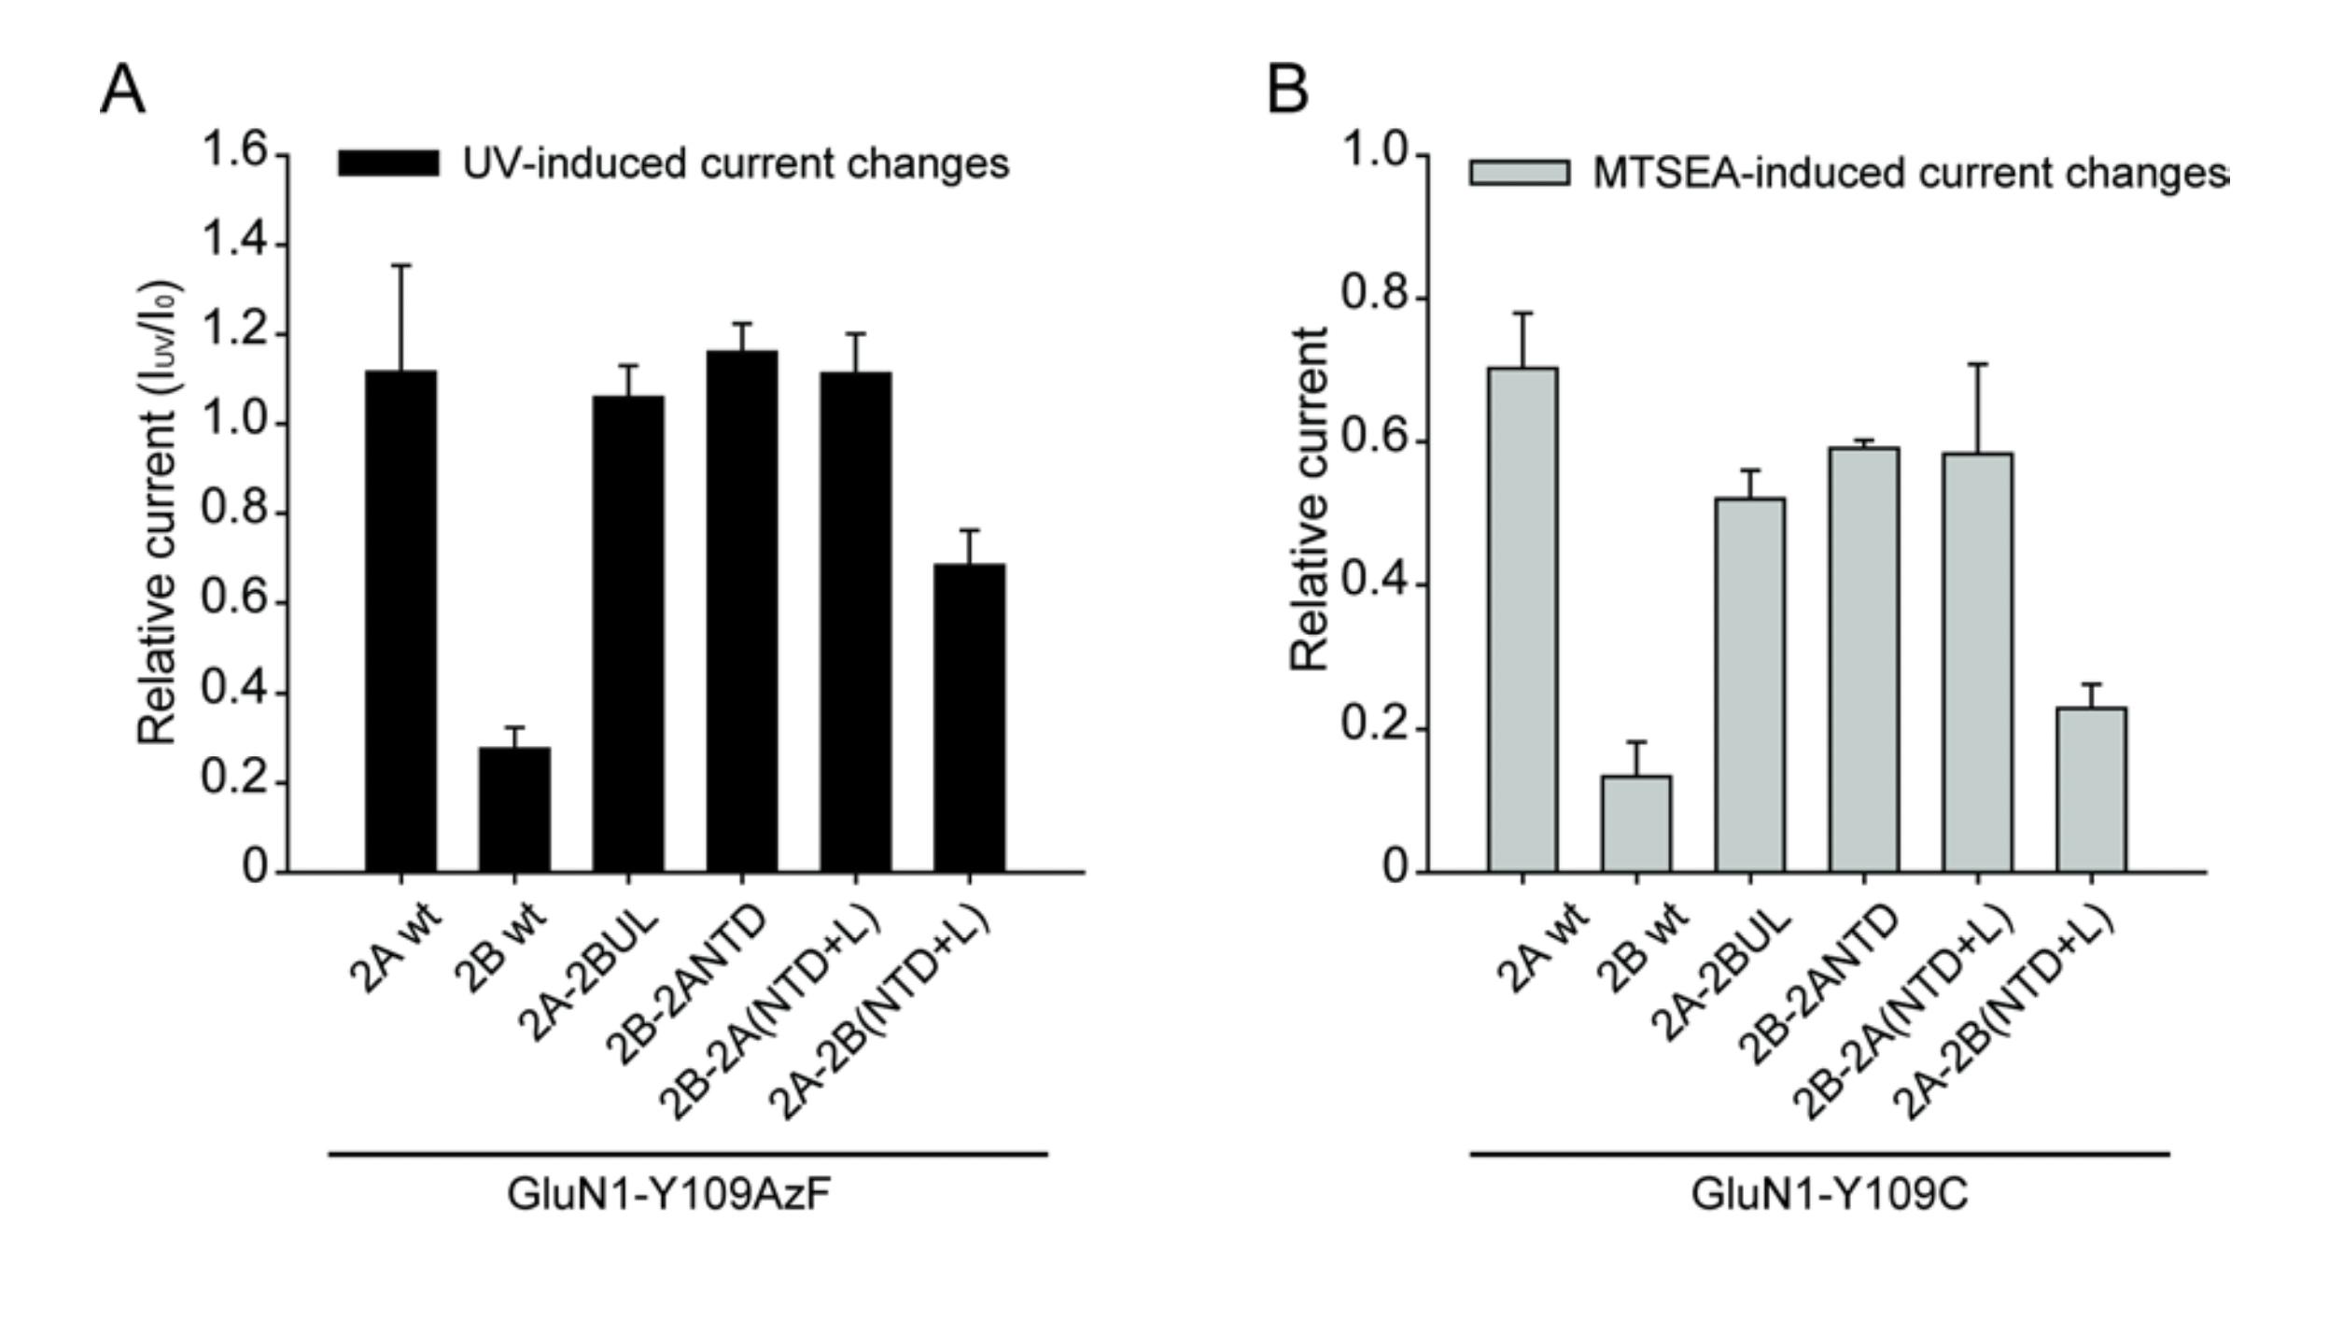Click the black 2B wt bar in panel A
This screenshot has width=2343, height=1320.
[x=514, y=809]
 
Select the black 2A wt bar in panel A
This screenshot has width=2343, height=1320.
[x=400, y=621]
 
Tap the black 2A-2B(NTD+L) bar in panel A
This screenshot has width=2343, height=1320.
[x=970, y=718]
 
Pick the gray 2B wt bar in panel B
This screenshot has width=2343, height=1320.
[x=1636, y=823]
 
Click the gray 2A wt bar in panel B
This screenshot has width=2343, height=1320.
[x=1522, y=620]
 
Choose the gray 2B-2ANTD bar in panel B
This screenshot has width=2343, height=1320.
[x=1863, y=660]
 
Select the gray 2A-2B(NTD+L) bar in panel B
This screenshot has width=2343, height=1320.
[x=2091, y=790]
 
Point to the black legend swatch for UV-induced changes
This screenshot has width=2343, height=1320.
[x=388, y=163]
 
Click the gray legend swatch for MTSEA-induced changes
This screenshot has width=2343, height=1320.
[x=1519, y=173]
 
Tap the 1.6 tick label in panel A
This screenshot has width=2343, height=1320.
[x=234, y=151]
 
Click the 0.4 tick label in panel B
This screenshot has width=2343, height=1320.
[x=1374, y=583]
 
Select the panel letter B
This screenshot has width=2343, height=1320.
[x=1287, y=91]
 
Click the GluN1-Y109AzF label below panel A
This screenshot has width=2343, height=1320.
[x=668, y=1194]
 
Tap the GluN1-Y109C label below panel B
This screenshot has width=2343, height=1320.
[x=1829, y=1194]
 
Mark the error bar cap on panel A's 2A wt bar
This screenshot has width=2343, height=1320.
[x=400, y=266]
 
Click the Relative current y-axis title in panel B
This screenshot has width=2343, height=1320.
[x=1309, y=499]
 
